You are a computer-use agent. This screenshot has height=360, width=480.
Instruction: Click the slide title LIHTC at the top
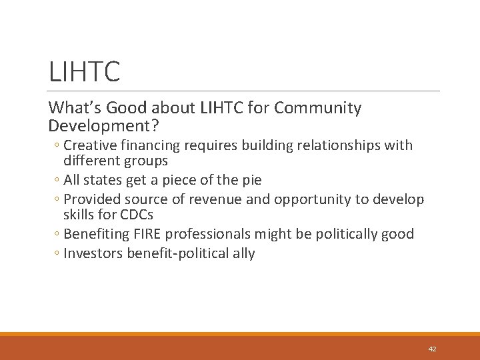click(x=84, y=71)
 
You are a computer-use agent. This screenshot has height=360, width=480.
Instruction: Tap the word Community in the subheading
click(x=319, y=108)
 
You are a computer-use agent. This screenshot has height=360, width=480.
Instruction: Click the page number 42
click(x=432, y=349)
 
